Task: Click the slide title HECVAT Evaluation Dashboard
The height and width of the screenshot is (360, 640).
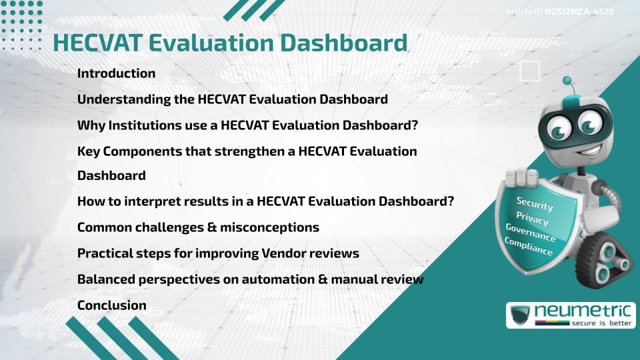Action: [230, 43]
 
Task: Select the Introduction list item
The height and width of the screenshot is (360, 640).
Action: [116, 73]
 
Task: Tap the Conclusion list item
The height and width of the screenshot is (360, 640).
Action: [111, 305]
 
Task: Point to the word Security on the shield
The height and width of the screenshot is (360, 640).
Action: [535, 204]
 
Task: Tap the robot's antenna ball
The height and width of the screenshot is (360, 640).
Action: [567, 81]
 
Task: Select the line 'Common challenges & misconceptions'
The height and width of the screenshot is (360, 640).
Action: [198, 227]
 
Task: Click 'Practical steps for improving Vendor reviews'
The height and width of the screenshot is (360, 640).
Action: [218, 253]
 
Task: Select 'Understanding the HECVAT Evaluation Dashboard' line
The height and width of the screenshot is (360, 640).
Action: [232, 99]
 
